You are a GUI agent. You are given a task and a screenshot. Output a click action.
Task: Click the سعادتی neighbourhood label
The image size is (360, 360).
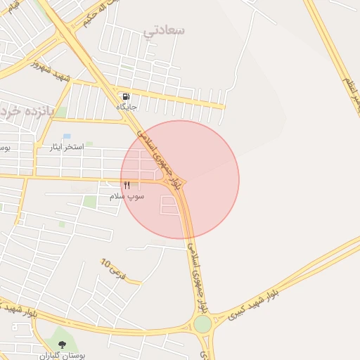click(164, 30)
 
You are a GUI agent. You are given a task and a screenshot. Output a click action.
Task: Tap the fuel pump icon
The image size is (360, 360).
click(126, 97)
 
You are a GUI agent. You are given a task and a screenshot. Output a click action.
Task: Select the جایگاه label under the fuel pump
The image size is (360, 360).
click(127, 107)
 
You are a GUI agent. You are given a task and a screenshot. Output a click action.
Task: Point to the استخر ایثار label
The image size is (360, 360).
click(66, 147)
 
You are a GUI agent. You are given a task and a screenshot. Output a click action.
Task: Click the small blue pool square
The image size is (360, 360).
click(67, 136)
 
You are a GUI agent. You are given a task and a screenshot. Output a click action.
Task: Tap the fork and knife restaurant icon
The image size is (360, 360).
click(127, 186)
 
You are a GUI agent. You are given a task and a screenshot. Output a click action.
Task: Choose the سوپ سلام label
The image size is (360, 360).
click(127, 196)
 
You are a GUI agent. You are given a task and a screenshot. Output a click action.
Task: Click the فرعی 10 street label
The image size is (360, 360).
click(112, 269)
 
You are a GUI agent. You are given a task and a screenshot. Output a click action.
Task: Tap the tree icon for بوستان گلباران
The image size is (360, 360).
click(63, 345)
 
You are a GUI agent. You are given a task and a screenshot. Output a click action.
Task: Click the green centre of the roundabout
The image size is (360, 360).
click(202, 324)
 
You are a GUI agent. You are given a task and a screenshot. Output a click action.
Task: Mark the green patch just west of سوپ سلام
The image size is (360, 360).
click(90, 202)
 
